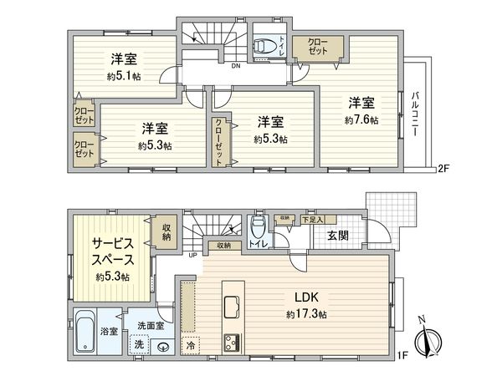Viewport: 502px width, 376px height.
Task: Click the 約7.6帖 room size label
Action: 361,120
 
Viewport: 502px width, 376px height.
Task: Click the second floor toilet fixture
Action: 262,46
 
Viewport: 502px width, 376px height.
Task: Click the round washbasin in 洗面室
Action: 163,345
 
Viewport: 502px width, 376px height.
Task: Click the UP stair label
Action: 193,255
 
